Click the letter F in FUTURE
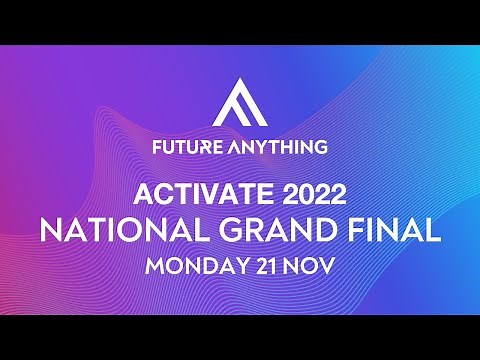click(156, 146)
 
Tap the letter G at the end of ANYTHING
click(321, 146)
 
